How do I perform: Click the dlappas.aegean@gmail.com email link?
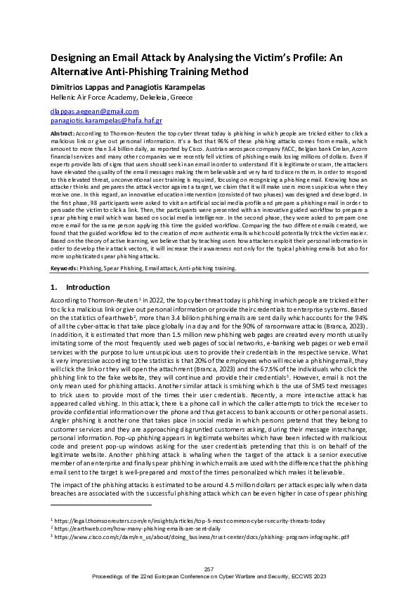click(94, 111)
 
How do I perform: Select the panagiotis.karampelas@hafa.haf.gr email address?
click(105, 120)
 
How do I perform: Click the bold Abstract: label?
click(64, 132)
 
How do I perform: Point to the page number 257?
click(209, 568)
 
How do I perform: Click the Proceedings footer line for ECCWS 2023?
click(209, 575)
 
